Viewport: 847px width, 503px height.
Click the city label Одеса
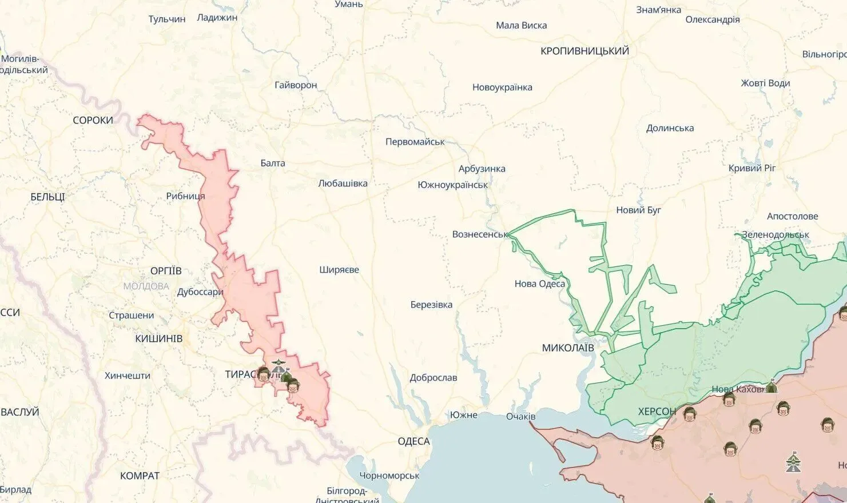tap(413, 441)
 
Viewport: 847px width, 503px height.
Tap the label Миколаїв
tap(568, 348)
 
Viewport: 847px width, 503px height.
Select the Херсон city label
tap(657, 411)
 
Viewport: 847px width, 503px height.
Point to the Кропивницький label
tap(584, 51)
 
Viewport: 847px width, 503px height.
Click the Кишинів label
tap(158, 338)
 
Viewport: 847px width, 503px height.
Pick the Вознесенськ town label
tap(480, 234)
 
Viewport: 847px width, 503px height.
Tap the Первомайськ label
tap(415, 142)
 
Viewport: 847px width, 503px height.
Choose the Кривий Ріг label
tap(752, 168)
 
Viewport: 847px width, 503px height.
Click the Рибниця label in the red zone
tap(185, 196)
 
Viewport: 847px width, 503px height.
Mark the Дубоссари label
tap(200, 292)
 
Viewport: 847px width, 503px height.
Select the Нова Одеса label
tap(539, 284)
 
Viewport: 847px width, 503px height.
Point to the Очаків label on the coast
tap(520, 416)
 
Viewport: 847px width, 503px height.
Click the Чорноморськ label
tap(389, 476)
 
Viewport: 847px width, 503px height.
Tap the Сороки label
tap(93, 120)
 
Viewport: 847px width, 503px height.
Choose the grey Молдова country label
tap(146, 286)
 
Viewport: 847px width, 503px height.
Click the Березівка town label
tap(431, 305)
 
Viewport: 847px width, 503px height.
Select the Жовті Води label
tap(765, 83)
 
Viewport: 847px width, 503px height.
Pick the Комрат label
tap(140, 476)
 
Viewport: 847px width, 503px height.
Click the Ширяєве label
tap(339, 270)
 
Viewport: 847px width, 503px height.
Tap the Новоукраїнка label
tap(502, 87)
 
